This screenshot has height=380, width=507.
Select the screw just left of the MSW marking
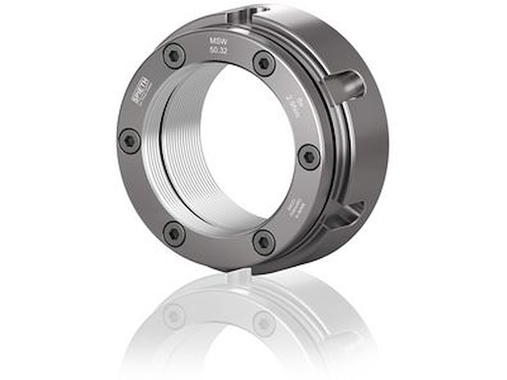tap(174, 56)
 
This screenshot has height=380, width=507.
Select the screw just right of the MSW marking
tap(264, 63)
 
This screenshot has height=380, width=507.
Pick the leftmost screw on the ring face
tap(130, 141)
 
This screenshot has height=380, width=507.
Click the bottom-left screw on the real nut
tap(174, 233)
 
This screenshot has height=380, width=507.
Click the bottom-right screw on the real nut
tap(264, 242)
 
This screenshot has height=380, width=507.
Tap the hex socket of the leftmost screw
tap(130, 141)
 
